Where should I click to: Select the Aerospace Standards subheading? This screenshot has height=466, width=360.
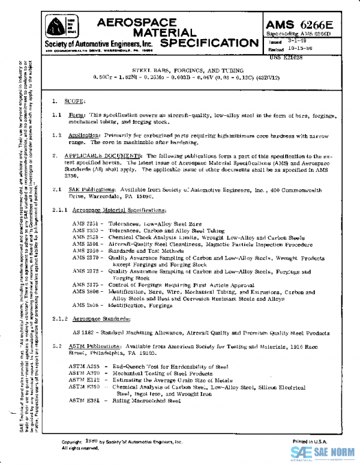[101, 318]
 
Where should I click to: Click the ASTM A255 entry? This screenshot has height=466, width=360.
[81, 366]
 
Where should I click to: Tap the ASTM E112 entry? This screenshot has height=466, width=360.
[81, 380]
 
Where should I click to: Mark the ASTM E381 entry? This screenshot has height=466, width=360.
[81, 401]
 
